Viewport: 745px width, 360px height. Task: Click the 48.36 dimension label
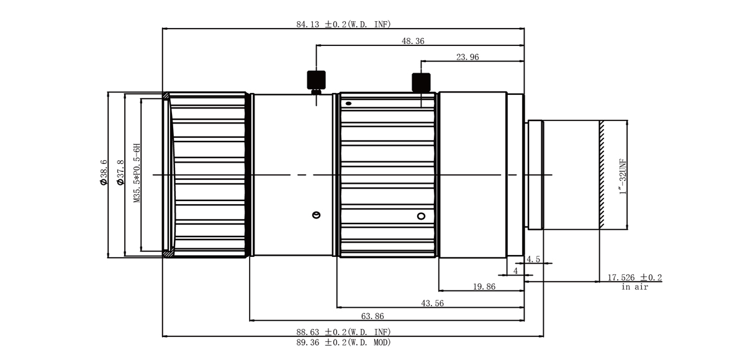coord(413,41)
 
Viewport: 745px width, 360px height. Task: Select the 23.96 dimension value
coord(467,57)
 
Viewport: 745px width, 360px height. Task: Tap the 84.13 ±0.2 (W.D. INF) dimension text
coord(343,24)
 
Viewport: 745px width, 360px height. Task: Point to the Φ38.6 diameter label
coord(104,172)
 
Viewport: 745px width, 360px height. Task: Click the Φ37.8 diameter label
coord(120,172)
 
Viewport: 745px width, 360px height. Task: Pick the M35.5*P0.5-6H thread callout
coord(137,173)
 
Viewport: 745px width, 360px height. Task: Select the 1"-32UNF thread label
coord(623,176)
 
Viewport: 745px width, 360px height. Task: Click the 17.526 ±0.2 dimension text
coord(634,277)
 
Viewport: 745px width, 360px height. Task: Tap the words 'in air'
coord(634,287)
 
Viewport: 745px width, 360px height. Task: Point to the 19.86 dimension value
coord(484,287)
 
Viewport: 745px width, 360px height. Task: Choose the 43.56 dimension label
coord(432,303)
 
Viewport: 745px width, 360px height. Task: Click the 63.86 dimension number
coord(372,316)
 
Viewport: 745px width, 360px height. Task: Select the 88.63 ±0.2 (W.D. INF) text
coord(343,332)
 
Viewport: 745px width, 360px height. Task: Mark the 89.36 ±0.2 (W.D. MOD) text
coord(343,343)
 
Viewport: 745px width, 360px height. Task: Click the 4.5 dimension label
coord(533,259)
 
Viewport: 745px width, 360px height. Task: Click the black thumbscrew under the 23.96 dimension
coord(421,83)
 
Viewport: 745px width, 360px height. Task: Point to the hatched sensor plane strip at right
coord(602,175)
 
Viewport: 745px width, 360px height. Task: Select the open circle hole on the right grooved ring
coord(421,217)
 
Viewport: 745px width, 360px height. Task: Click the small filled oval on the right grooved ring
coord(348,104)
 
